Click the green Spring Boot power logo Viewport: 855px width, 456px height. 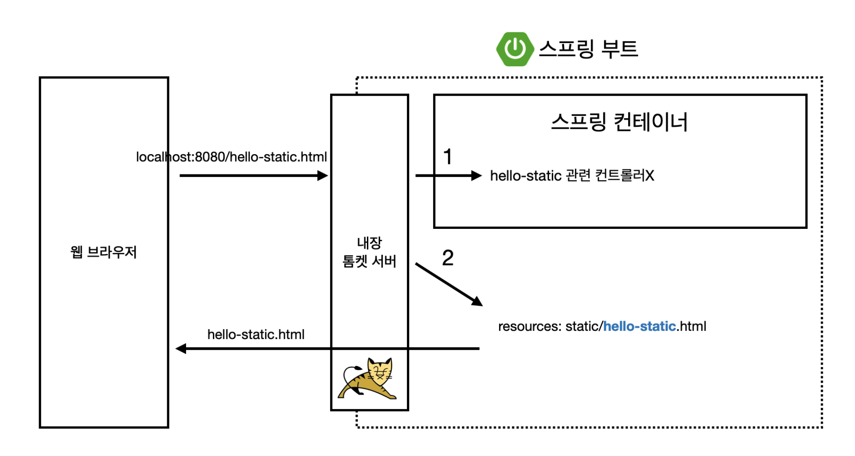pos(514,49)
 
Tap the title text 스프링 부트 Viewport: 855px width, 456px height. pos(588,49)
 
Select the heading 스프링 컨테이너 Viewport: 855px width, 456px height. pos(619,122)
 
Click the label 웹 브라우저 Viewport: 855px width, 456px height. pos(104,252)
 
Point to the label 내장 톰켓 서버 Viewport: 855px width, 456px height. pos(369,252)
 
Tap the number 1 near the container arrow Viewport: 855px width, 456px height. pos(448,157)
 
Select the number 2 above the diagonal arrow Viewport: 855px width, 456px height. pos(448,258)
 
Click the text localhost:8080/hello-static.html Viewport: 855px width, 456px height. pos(231,157)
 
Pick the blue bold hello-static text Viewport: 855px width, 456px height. pos(639,326)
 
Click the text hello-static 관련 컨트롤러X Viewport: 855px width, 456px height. pos(572,176)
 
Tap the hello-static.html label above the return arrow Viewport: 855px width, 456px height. pos(256,335)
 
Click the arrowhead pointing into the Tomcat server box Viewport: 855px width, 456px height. pos(323,176)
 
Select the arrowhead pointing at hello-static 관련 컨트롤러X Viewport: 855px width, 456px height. pos(477,176)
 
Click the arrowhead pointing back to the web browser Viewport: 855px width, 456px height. pos(180,349)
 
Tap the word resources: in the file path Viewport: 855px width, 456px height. pos(529,326)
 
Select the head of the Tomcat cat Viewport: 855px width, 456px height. pos(380,371)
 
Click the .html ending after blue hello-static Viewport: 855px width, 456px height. pos(691,326)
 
